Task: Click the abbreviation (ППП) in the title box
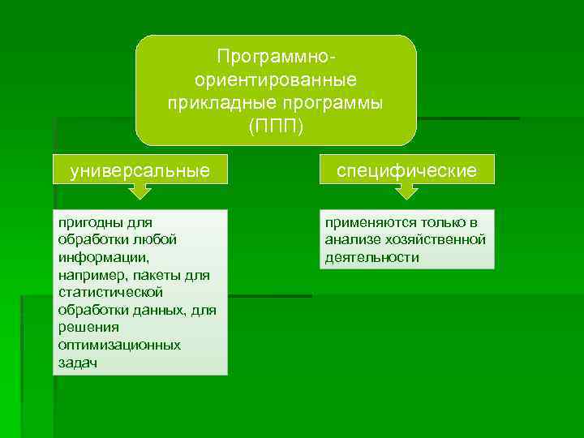coord(276,127)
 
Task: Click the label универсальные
coord(140,170)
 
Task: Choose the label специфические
coord(407,170)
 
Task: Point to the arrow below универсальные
coord(140,191)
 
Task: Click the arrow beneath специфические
coord(406,191)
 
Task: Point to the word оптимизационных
coord(119,345)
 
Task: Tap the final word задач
coord(78,363)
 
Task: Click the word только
coord(443,221)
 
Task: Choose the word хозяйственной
coord(439,239)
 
